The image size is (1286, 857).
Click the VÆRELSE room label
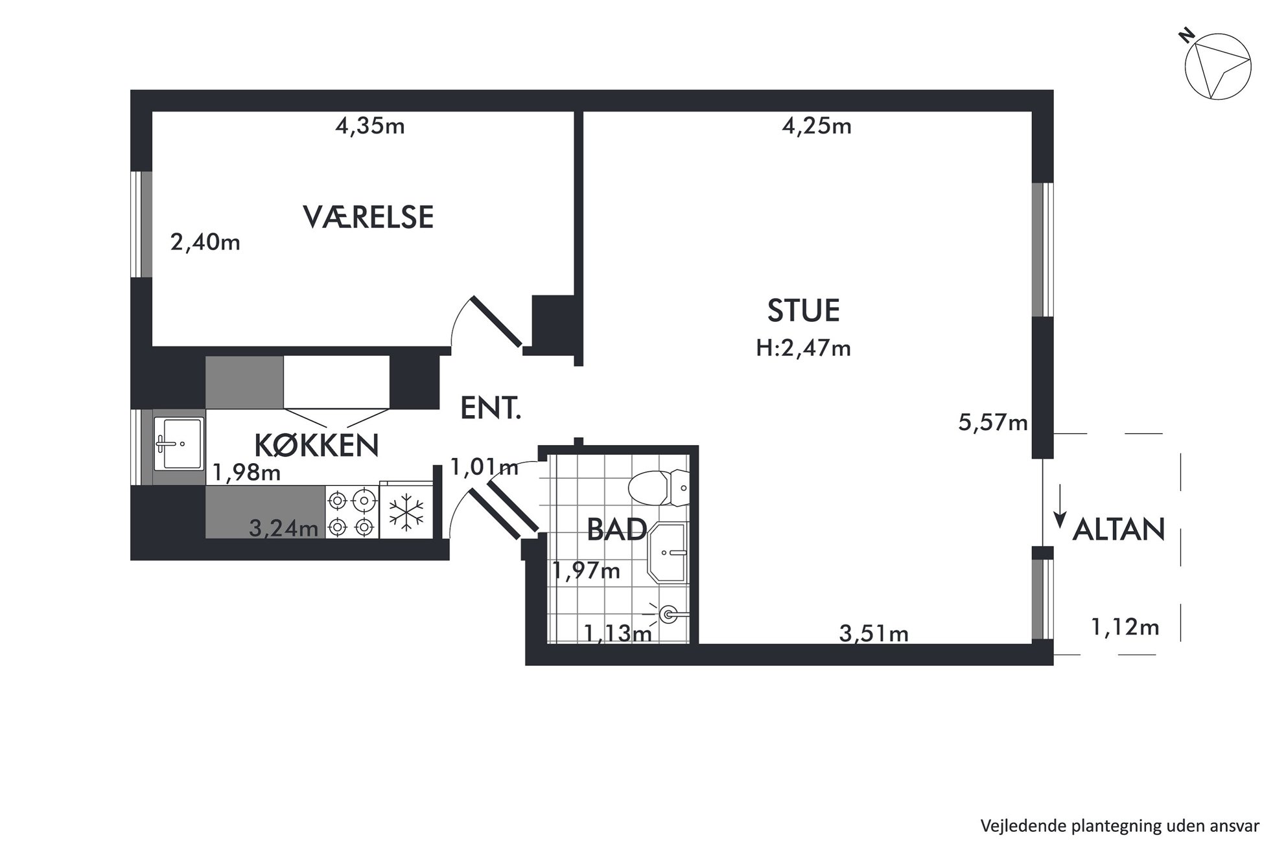[368, 216]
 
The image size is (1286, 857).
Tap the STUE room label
[803, 310]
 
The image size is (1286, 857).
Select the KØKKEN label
[316, 445]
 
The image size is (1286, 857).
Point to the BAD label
[616, 529]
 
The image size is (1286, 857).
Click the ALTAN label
[1119, 529]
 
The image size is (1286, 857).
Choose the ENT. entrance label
[491, 408]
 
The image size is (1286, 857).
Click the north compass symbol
[1216, 65]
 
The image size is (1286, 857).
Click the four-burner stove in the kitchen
[352, 512]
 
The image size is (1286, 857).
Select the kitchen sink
[179, 443]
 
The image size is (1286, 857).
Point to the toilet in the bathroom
[659, 488]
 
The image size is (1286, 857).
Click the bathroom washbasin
[668, 553]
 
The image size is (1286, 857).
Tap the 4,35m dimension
[370, 126]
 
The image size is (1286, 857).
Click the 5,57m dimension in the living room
[993, 423]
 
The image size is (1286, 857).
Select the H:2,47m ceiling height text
[803, 349]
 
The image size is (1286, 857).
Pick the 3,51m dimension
[874, 633]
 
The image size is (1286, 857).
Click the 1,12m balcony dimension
[1125, 627]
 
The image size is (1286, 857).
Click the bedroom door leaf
[496, 322]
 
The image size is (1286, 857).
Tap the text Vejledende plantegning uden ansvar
[1120, 826]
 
